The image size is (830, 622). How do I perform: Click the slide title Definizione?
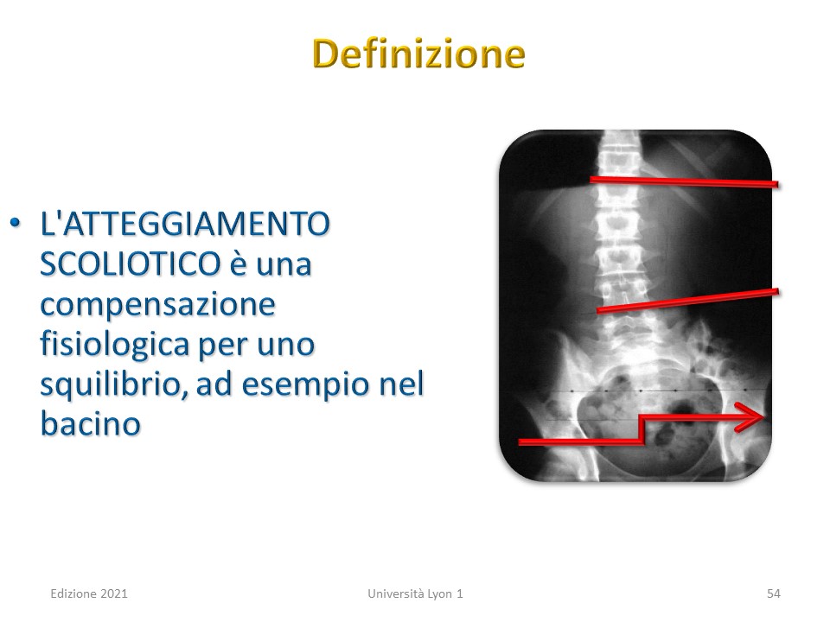point(418,54)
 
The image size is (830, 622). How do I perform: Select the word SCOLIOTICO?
point(131,263)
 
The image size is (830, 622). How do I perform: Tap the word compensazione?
point(157,305)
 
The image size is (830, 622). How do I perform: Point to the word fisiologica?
point(114,344)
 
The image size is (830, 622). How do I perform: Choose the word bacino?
point(91,423)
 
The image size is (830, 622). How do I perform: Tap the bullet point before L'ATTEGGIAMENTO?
point(16,223)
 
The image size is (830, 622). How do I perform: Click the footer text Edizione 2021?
point(89,593)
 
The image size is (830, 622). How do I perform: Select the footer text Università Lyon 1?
point(416,594)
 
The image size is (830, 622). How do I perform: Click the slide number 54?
point(773,593)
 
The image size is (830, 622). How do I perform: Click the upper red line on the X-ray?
point(684,182)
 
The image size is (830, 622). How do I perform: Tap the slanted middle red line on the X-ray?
point(687,301)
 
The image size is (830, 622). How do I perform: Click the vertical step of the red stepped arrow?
point(642,429)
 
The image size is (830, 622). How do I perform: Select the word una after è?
point(284,264)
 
